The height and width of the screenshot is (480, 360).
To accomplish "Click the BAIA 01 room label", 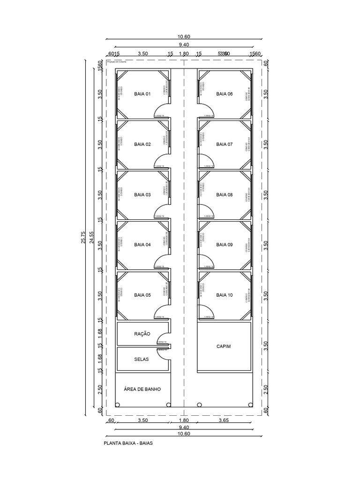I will (x=142, y=94).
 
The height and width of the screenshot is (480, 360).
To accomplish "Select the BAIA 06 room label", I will (x=224, y=94).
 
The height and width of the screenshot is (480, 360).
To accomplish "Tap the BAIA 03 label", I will (x=142, y=195).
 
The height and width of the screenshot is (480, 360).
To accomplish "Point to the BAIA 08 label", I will (x=224, y=195).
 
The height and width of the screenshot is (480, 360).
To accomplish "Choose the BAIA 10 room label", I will (x=224, y=295).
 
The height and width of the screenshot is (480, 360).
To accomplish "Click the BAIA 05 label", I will (x=142, y=295).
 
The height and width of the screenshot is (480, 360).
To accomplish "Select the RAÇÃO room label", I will (x=142, y=334).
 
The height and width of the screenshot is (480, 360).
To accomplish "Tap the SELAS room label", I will (x=141, y=360).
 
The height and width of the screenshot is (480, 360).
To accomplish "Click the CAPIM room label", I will (x=224, y=347).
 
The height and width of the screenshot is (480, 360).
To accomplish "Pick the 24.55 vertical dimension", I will (x=92, y=237).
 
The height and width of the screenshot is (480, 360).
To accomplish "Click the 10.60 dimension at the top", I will (x=184, y=37).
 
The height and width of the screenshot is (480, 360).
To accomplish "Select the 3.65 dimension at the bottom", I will (x=224, y=421).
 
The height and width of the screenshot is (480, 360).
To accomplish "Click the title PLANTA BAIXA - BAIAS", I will (x=128, y=442).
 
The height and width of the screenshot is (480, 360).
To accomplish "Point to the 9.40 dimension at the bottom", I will (x=184, y=427).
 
